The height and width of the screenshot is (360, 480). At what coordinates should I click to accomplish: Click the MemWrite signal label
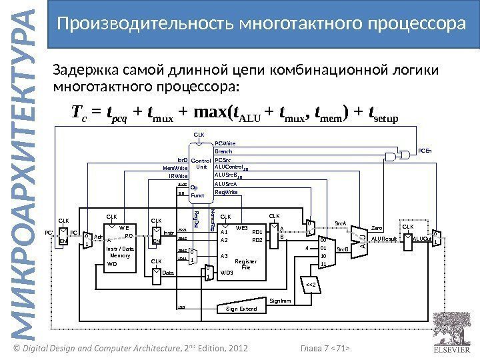tap(176, 168)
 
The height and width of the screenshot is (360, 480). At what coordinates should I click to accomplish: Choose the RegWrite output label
tap(225, 191)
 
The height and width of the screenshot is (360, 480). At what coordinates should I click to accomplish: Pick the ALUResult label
tap(385, 238)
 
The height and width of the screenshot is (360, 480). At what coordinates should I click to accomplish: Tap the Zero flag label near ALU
tap(377, 226)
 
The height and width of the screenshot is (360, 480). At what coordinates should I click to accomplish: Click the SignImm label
tap(280, 301)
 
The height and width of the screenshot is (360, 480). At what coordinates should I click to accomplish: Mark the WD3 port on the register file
tap(227, 273)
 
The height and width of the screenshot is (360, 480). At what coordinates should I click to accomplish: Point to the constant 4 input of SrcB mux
tap(306, 248)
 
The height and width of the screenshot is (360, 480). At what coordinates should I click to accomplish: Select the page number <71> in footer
tap(341, 347)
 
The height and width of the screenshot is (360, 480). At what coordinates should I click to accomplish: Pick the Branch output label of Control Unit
tap(223, 151)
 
